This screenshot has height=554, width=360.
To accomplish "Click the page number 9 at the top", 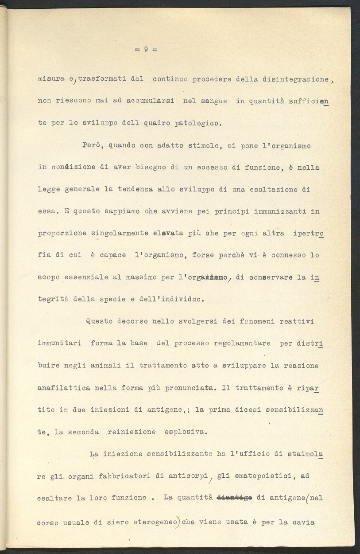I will click(146, 49).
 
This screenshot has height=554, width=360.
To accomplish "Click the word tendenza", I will click(135, 189).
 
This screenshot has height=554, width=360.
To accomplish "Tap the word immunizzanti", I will click(280, 211).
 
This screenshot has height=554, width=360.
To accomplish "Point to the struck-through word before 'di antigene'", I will click(234, 498).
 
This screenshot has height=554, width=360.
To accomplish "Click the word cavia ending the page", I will click(303, 522).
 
